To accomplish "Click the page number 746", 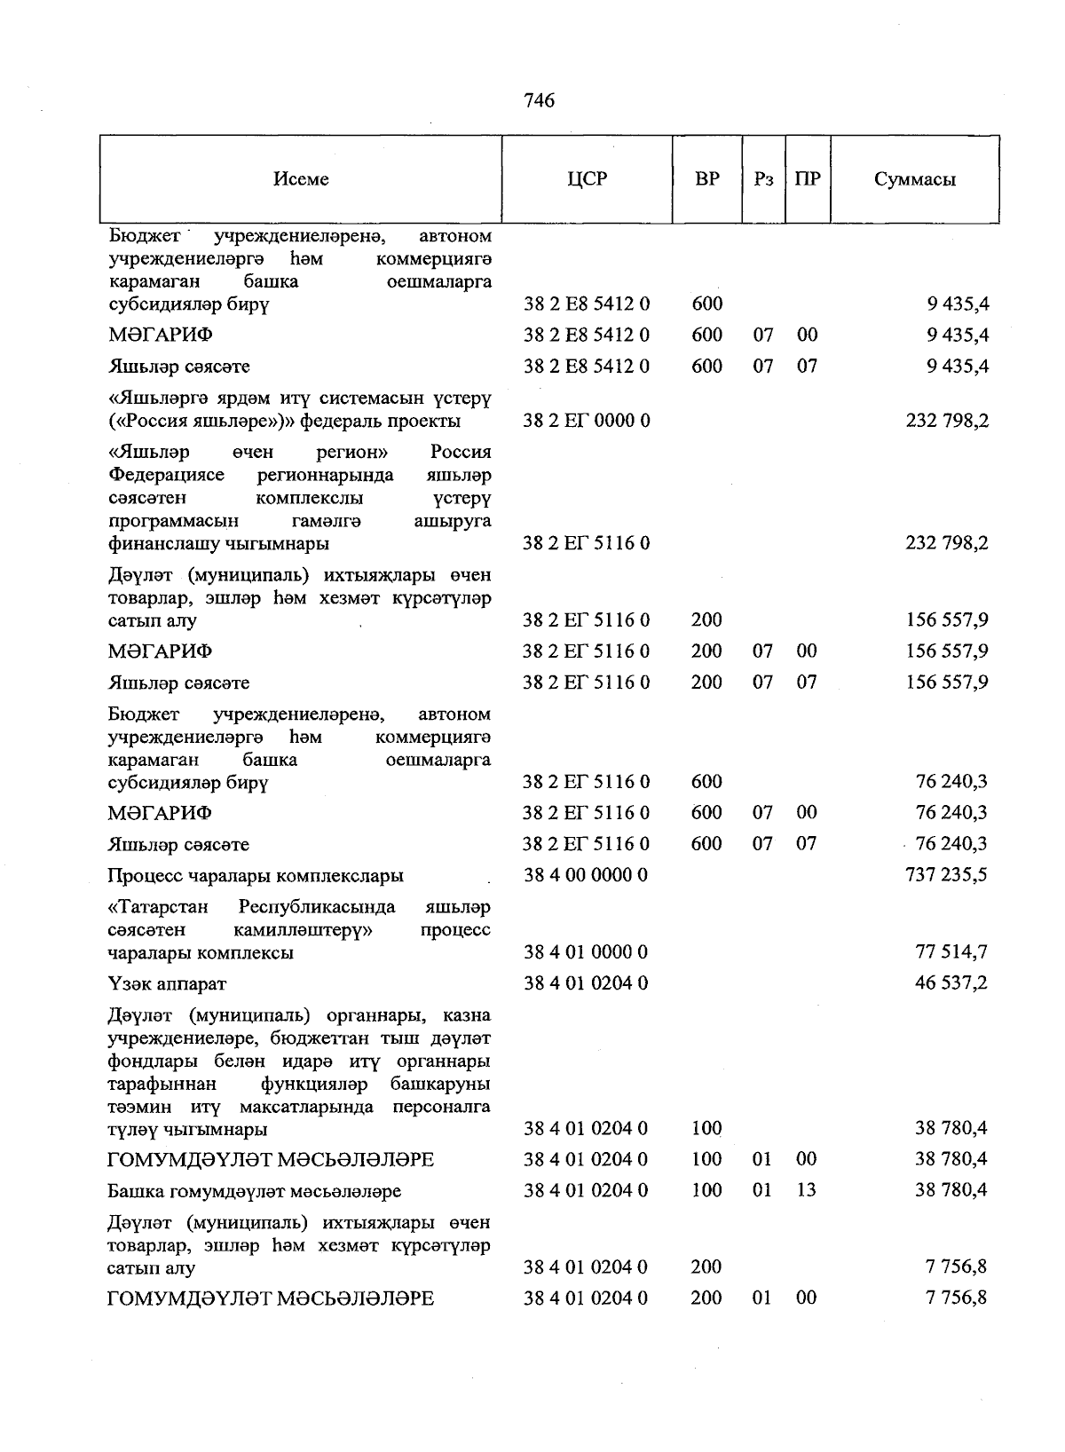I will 539,101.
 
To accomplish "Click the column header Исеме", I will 301,179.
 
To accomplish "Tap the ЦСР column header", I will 587,179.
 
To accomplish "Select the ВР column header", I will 707,179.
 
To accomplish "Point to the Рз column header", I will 763,179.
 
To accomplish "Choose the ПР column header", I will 808,179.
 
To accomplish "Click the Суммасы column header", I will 915,179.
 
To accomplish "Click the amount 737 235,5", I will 946,875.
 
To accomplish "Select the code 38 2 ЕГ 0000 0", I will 586,421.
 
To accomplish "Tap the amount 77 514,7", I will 951,952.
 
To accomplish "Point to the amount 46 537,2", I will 951,983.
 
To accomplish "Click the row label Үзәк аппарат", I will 167,984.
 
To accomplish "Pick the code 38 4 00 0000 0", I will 586,875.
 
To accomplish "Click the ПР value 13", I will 806,1190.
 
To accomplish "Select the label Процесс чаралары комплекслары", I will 256,876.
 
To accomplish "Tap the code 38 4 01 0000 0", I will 586,952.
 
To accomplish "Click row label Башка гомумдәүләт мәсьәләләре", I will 255,1191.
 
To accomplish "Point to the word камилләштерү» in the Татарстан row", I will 303,930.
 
